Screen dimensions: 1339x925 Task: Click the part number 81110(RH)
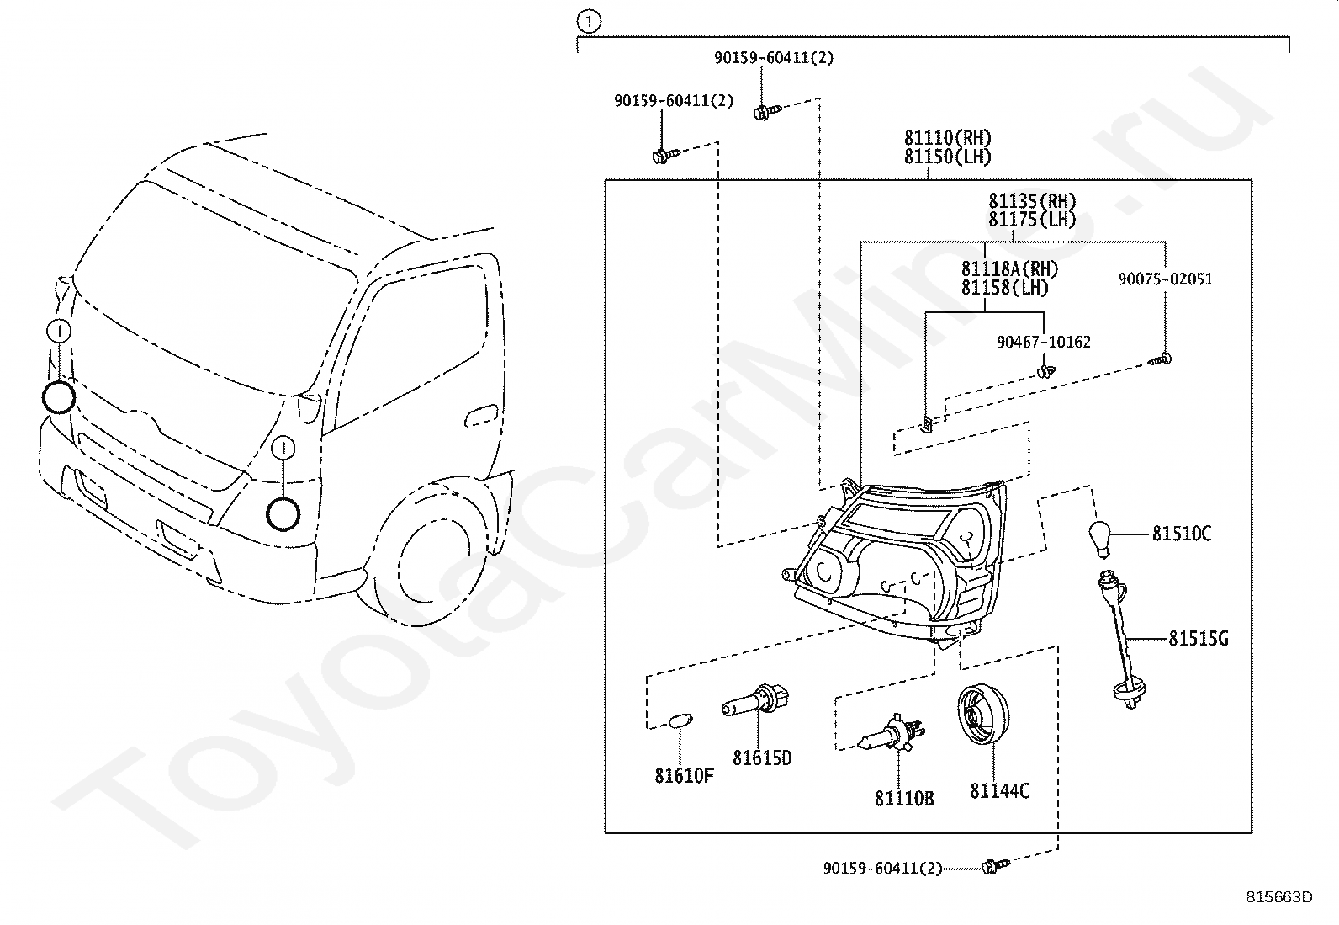[947, 138]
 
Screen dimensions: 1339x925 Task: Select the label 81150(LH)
[947, 157]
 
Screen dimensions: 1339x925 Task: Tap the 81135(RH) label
[1032, 201]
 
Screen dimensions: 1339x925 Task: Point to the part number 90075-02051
[1165, 279]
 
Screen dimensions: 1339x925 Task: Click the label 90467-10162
[1044, 343]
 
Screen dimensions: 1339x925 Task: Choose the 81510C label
[1181, 534]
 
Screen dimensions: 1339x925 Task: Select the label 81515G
[1198, 639]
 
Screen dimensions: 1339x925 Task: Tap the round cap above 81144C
[982, 714]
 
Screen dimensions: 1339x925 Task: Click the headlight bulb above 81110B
[892, 733]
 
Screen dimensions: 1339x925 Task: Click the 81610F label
[684, 776]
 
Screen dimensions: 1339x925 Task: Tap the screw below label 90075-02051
[1160, 360]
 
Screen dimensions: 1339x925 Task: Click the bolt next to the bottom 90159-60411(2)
[995, 866]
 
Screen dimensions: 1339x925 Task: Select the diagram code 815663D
[1279, 897]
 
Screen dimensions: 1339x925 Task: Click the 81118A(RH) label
[1009, 269]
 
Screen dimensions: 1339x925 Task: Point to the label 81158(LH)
[1005, 288]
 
